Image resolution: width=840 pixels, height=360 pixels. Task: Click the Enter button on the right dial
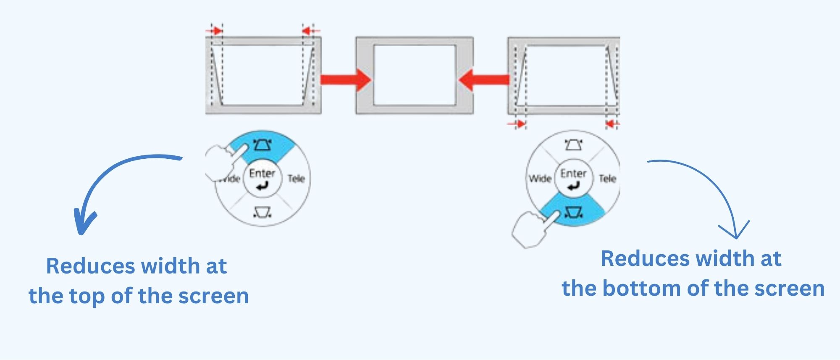tap(573, 178)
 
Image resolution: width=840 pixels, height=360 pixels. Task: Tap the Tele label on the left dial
tap(296, 179)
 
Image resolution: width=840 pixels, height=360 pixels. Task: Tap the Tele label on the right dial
tap(607, 179)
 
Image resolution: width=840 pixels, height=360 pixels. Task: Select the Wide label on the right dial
tap(540, 179)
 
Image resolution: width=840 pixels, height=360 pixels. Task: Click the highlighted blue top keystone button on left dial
tap(263, 145)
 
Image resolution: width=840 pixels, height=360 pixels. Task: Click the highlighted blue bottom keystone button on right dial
tap(574, 212)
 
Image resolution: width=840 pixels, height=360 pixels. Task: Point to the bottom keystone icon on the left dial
tap(263, 212)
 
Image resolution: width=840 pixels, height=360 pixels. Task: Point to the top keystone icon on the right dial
tap(573, 145)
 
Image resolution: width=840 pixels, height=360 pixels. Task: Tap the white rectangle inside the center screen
tap(415, 75)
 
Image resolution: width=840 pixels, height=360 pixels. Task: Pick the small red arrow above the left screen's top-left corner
tap(215, 31)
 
